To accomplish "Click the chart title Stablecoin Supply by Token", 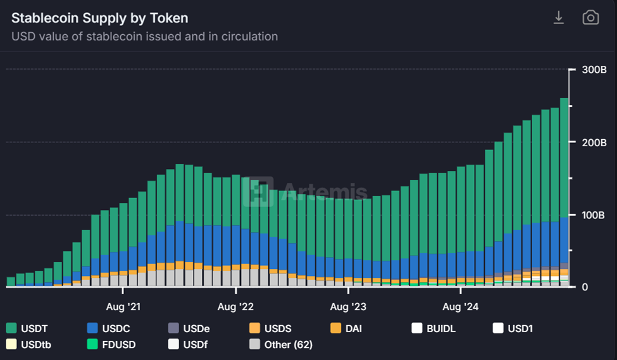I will pos(100,18).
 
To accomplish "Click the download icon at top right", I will pos(559,18).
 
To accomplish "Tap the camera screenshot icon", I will pos(590,18).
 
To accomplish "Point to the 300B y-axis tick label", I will pos(594,70).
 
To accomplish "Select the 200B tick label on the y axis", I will pos(594,142).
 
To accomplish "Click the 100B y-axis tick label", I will pos(594,215).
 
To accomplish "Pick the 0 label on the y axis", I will pos(585,287).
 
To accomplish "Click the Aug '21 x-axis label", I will pos(124,307).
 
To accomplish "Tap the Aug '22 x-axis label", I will pos(235,307).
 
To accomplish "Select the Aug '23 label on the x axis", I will pos(348,307).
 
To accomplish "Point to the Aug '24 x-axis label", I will pos(461,307).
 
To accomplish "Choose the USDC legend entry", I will pos(107,328).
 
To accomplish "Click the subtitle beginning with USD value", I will pos(144,37).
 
